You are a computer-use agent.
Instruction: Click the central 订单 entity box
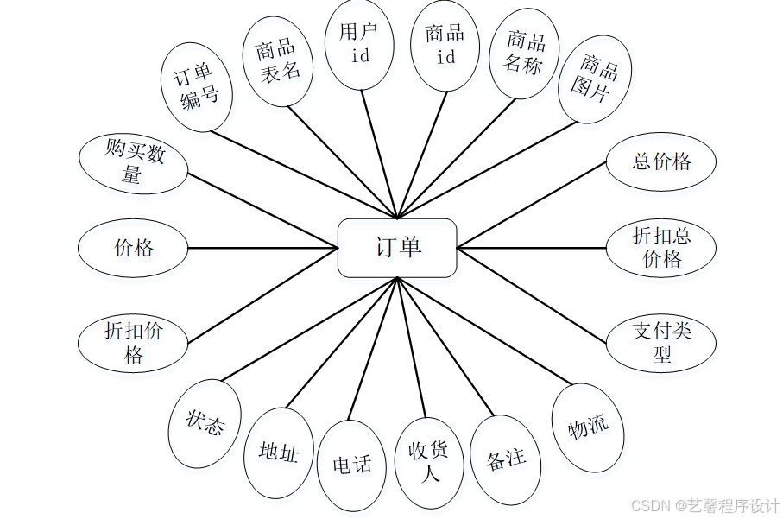[397, 248]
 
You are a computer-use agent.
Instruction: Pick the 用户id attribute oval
[360, 44]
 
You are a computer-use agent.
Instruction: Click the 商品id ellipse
[445, 44]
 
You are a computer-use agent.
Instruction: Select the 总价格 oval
[661, 161]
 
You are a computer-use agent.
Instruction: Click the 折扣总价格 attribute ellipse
[661, 248]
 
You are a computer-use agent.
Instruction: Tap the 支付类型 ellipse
[661, 342]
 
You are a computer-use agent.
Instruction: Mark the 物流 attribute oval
[588, 427]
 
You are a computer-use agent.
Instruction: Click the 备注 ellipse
[507, 459]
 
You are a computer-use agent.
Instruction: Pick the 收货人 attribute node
[429, 463]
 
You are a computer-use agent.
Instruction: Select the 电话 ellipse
[351, 465]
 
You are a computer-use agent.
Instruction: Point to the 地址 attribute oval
[279, 452]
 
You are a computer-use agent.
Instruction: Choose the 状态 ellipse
[205, 424]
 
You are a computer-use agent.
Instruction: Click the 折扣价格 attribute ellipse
[133, 342]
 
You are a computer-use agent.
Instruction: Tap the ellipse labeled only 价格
[133, 248]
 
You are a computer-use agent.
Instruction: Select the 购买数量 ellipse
[134, 163]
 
